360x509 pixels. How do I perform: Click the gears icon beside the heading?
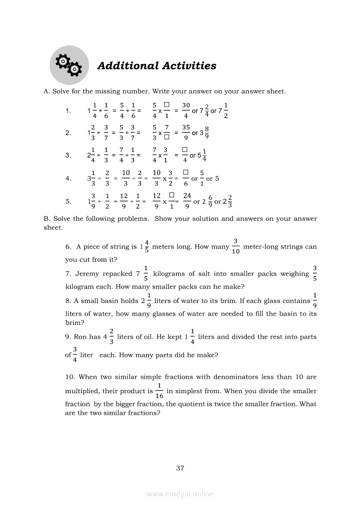[x=69, y=65]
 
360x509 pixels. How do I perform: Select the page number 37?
[x=180, y=468]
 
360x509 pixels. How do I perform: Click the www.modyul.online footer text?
[x=180, y=494]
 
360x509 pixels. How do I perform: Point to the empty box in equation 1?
[x=166, y=105]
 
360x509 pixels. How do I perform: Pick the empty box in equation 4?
[x=185, y=173]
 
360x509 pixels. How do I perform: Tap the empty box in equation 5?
[x=172, y=196]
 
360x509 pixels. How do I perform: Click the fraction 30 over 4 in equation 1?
[x=186, y=111]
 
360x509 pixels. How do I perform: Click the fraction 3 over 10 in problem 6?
[x=236, y=246]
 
